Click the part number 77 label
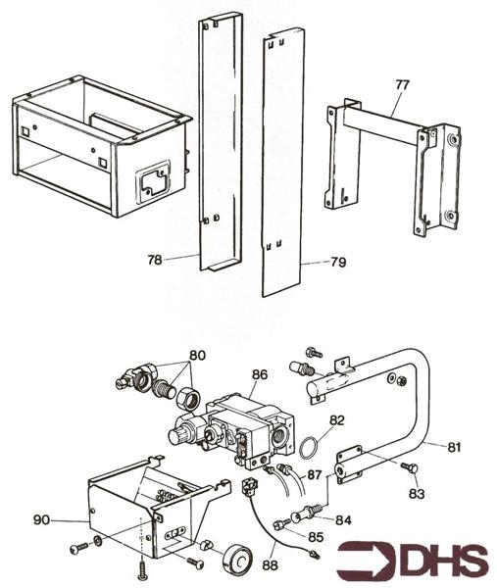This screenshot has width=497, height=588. (403, 84)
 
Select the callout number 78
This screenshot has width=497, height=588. (155, 259)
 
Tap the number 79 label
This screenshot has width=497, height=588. (338, 262)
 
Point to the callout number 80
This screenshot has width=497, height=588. (197, 355)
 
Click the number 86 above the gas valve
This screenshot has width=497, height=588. (260, 374)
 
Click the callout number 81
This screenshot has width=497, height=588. (454, 448)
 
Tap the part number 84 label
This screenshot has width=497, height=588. (343, 519)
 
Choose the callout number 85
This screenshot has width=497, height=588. (316, 537)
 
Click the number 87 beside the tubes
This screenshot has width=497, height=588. (315, 474)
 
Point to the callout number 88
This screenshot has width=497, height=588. (270, 565)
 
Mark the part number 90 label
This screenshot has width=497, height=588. (41, 519)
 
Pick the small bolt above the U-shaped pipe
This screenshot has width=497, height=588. (314, 352)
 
